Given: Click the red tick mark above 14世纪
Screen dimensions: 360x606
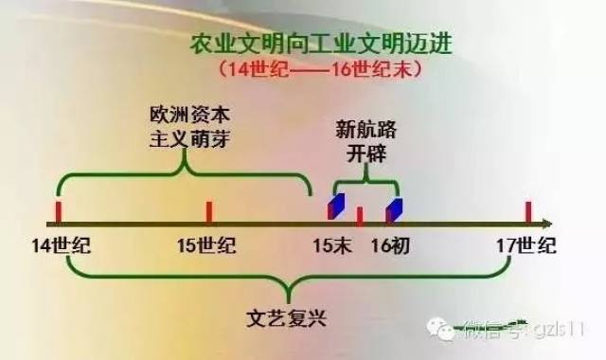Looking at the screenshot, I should (58, 211).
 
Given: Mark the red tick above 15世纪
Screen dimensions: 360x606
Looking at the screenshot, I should (208, 211).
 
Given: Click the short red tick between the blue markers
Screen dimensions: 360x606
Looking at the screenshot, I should (360, 216).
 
